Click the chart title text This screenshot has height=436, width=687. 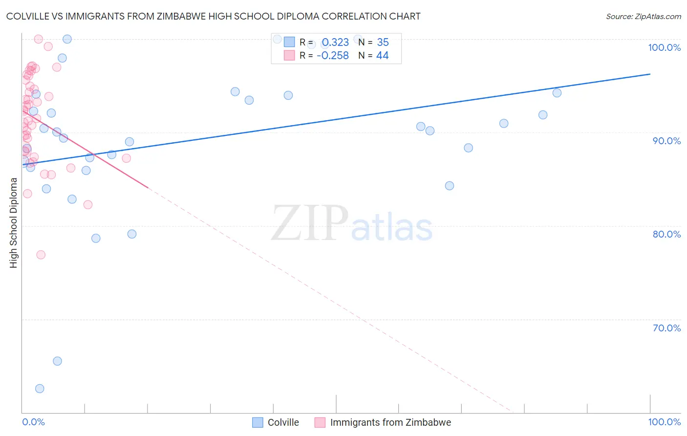click(213, 16)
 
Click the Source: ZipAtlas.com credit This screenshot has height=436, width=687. click(643, 17)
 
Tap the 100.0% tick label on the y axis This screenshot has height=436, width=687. click(664, 47)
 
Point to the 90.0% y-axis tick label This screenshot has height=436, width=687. click(666, 141)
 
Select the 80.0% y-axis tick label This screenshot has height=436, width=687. click(666, 234)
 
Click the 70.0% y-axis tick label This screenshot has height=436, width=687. click(666, 328)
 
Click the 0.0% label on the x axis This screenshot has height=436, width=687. click(33, 422)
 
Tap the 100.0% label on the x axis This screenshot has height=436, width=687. click(664, 422)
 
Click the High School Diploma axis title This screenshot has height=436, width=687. click(14, 222)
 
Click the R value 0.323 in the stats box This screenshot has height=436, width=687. click(335, 43)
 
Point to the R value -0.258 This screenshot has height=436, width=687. click(333, 56)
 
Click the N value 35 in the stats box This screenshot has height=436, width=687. click(383, 43)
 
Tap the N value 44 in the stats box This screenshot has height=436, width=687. click(382, 56)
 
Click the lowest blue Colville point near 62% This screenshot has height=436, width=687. click(40, 389)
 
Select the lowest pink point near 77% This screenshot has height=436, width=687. click(41, 255)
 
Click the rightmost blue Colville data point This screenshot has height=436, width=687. click(557, 93)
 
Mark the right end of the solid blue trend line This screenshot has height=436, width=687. click(650, 74)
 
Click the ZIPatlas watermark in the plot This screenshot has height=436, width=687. click(352, 224)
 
